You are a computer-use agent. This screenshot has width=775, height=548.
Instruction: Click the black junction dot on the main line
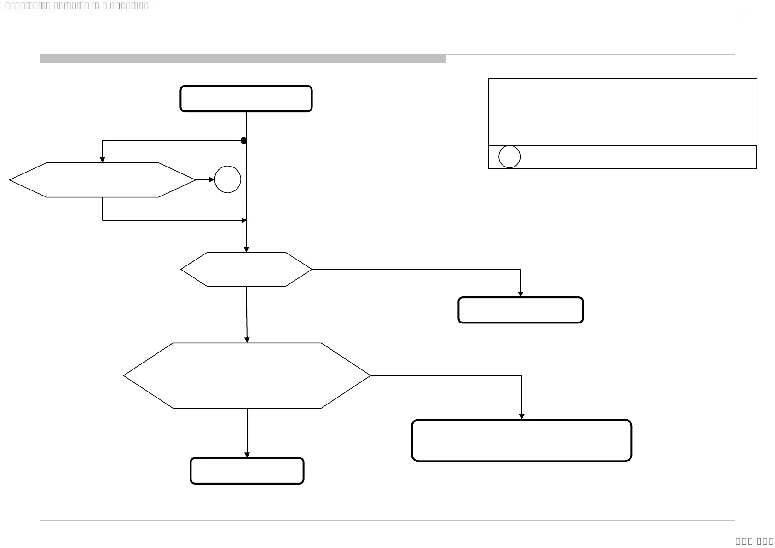pyautogui.click(x=243, y=140)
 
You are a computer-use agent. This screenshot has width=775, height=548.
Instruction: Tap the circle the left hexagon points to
pyautogui.click(x=227, y=179)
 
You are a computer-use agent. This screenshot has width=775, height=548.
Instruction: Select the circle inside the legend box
pyautogui.click(x=509, y=157)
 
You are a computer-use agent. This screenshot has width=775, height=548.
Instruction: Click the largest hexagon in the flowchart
pyautogui.click(x=247, y=375)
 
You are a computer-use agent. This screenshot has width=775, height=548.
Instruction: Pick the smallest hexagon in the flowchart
pyautogui.click(x=246, y=269)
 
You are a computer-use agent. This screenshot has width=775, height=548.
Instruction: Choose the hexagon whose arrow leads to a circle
pyautogui.click(x=102, y=180)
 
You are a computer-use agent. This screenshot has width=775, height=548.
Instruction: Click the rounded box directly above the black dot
pyautogui.click(x=246, y=98)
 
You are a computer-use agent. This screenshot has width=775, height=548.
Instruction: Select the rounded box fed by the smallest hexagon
pyautogui.click(x=521, y=310)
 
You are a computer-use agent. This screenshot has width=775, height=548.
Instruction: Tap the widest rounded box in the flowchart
pyautogui.click(x=521, y=440)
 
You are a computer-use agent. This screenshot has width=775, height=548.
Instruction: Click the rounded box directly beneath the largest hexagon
pyautogui.click(x=247, y=471)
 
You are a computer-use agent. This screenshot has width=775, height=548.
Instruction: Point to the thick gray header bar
pyautogui.click(x=243, y=59)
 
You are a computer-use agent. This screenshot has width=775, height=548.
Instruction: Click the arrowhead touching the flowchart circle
pyautogui.click(x=212, y=179)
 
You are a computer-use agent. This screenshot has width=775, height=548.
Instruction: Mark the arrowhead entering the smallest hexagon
pyautogui.click(x=246, y=249)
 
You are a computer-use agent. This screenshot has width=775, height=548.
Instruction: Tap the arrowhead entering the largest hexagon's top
pyautogui.click(x=247, y=340)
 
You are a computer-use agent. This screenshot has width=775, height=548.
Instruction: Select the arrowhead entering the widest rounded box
pyautogui.click(x=521, y=416)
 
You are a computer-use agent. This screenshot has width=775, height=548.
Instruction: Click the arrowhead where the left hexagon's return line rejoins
pyautogui.click(x=244, y=220)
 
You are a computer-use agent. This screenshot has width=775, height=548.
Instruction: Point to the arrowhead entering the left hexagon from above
pyautogui.click(x=103, y=160)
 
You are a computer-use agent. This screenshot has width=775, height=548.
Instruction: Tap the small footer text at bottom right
pyautogui.click(x=754, y=541)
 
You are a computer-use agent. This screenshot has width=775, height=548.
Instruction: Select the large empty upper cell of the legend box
pyautogui.click(x=622, y=112)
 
